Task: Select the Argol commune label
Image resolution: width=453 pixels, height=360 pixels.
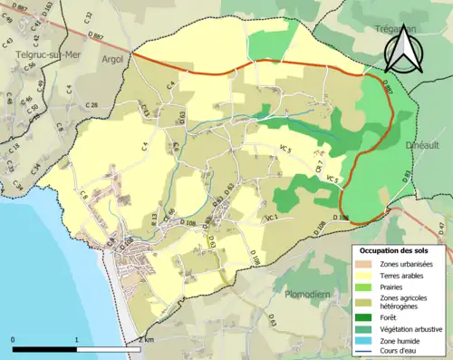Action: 114,59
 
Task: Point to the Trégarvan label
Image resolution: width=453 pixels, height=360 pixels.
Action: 398,29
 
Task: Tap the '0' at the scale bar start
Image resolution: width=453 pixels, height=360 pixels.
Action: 14,339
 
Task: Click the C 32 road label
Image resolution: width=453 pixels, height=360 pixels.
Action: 88,16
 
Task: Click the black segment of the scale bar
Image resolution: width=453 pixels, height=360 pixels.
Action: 44,348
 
